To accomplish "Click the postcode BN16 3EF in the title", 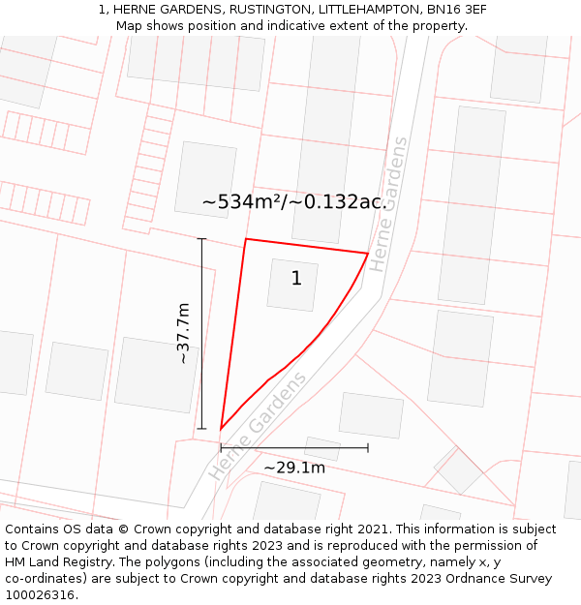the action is (455, 10).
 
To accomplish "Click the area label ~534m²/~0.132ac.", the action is (294, 202).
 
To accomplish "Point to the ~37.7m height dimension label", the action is (183, 333).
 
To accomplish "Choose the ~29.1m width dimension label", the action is (294, 468).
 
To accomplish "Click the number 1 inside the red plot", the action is (296, 279).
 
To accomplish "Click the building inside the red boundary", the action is (292, 286).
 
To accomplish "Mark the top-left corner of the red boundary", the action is (246, 239).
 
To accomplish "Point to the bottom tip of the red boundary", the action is (221, 429).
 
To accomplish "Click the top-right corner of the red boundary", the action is (368, 254).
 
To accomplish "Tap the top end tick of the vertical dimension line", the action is (201, 239).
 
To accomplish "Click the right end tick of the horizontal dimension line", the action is (368, 447).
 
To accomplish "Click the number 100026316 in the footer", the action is (40, 595).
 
